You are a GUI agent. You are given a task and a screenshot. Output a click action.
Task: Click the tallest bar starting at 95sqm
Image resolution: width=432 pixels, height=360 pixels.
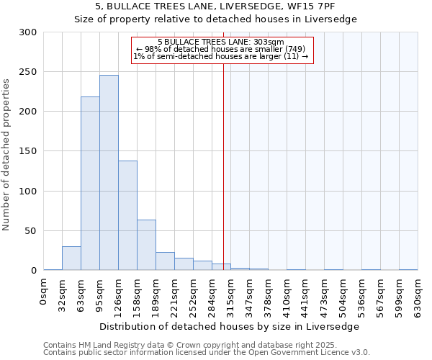coord(109,173)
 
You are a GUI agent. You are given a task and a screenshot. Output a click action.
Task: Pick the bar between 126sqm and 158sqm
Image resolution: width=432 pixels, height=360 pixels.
coord(127,215)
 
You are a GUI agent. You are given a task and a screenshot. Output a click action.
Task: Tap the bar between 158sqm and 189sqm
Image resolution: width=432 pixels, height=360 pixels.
coord(146,245)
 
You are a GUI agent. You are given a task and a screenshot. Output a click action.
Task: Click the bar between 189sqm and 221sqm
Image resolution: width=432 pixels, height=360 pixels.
coord(165,261)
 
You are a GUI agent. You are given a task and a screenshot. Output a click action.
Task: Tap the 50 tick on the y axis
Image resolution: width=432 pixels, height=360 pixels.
coord(32,231)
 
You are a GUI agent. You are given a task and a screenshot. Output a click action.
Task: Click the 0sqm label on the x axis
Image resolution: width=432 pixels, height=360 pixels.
coord(44,292)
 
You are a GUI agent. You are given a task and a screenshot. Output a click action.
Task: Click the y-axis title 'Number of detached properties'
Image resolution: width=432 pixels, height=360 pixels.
coord(7,155)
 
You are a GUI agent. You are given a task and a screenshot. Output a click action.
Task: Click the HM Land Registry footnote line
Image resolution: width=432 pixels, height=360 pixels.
coord(205,345)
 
